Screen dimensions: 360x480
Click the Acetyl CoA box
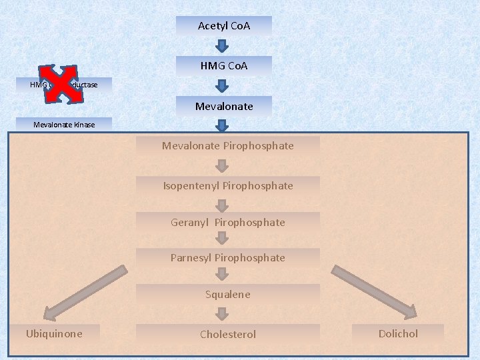click(x=224, y=26)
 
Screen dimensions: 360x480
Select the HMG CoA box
click(x=224, y=66)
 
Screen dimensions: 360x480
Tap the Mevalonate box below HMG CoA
click(x=224, y=106)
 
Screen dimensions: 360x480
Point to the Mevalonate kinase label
click(x=65, y=124)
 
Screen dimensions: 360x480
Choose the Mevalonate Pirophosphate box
click(x=228, y=145)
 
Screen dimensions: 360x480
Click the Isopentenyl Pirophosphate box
click(x=228, y=185)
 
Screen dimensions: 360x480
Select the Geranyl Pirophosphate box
click(x=228, y=222)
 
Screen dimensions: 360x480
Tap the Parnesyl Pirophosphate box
click(x=228, y=257)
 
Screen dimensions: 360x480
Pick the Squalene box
click(x=228, y=294)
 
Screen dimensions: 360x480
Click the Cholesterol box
click(x=228, y=334)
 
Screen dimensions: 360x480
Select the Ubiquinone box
click(x=55, y=333)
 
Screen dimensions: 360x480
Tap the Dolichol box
click(x=398, y=333)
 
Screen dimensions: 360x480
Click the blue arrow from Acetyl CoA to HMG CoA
click(x=224, y=46)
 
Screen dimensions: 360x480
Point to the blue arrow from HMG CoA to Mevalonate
click(x=224, y=86)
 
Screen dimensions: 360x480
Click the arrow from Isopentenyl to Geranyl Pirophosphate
click(x=228, y=204)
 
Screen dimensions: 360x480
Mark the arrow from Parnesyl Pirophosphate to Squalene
click(x=228, y=276)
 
